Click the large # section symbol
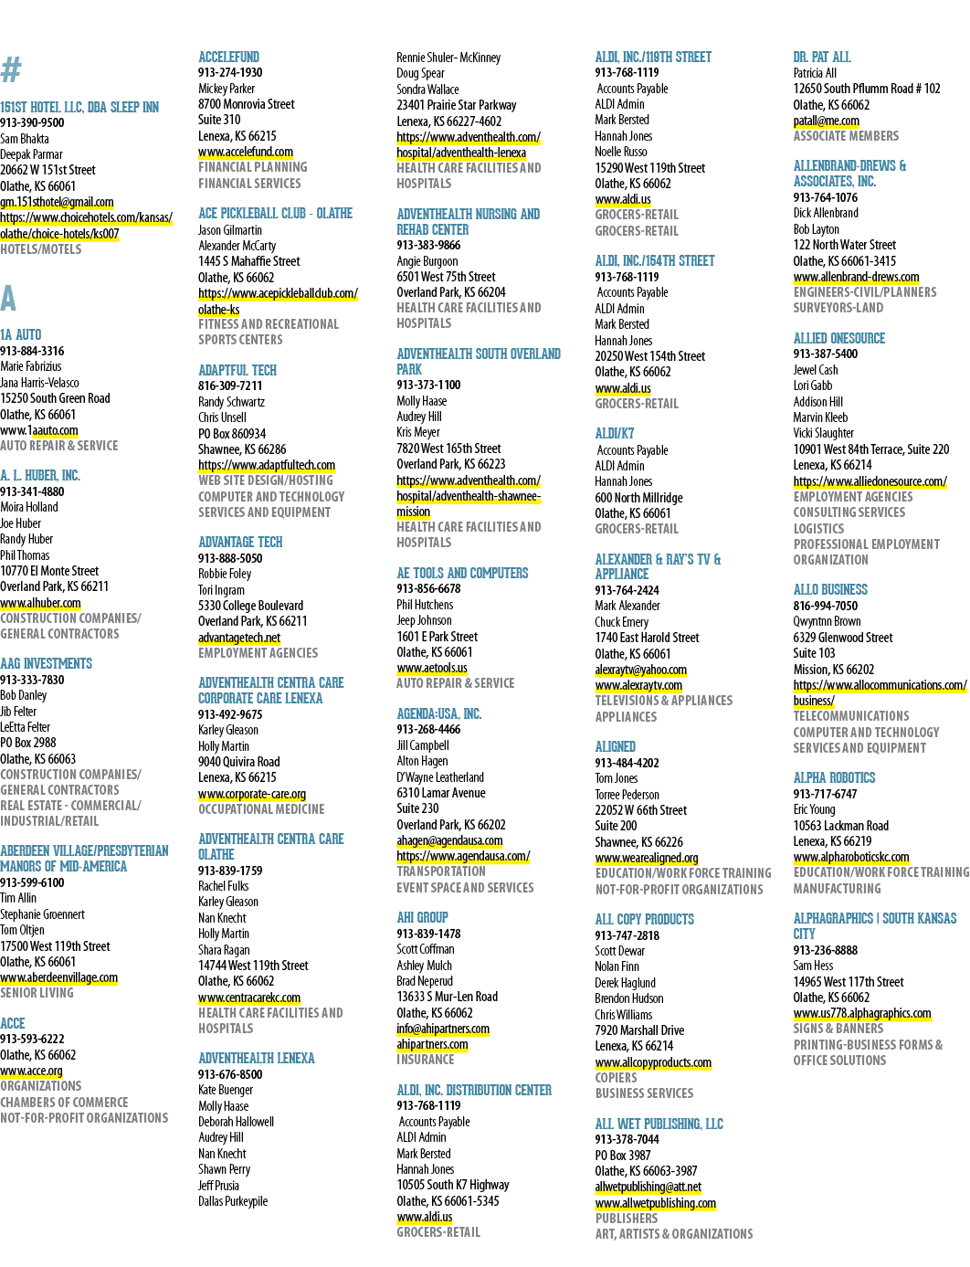tap(11, 70)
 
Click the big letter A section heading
tap(8, 298)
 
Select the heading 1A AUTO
tap(21, 334)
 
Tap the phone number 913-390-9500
tap(32, 122)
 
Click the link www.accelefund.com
tap(246, 152)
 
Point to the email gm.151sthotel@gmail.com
tap(58, 202)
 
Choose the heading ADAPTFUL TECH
tap(237, 370)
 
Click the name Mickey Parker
tap(227, 89)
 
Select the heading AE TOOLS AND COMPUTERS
tap(462, 573)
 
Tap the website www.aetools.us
tap(432, 668)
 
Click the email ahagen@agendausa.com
tap(449, 840)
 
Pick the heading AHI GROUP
tap(423, 917)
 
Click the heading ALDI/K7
tap(615, 433)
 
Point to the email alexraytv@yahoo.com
tap(640, 670)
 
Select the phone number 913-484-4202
tap(627, 763)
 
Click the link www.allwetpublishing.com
tap(655, 1203)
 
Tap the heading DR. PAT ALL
tap(821, 58)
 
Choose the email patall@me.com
tap(826, 121)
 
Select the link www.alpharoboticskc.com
tap(851, 857)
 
